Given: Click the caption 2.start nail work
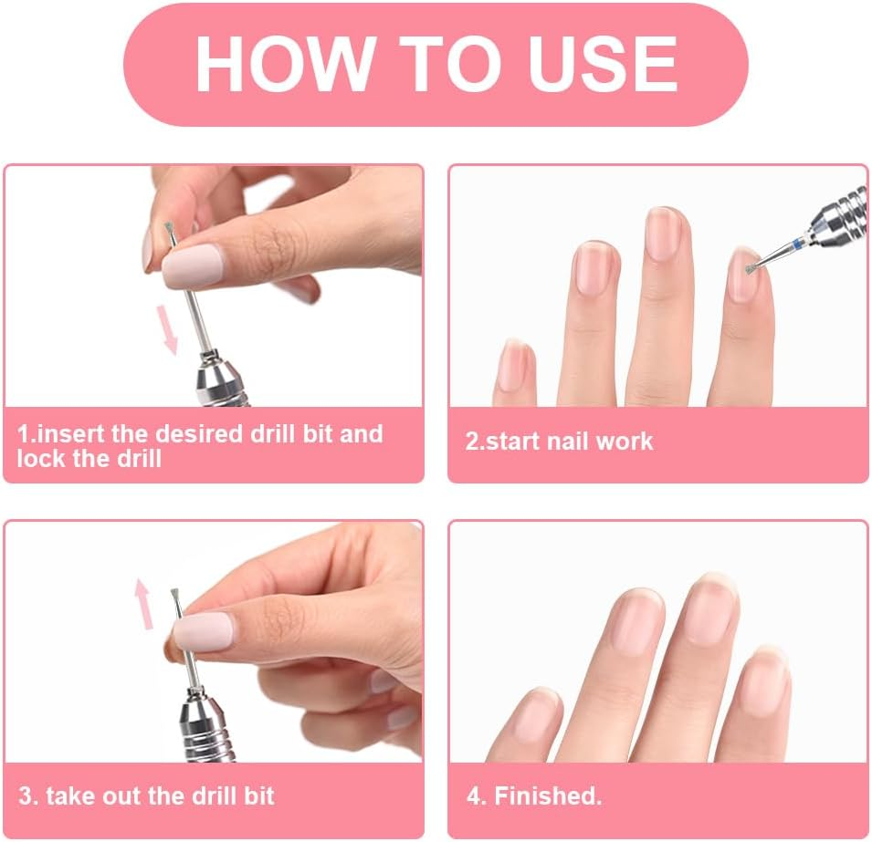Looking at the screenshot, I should coord(559,442).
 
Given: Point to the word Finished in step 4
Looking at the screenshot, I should coord(547,795).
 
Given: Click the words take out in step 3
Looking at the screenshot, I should coord(98,795).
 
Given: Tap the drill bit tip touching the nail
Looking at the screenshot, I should coord(750,268).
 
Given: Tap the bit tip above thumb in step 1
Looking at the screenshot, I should coord(168,233).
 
